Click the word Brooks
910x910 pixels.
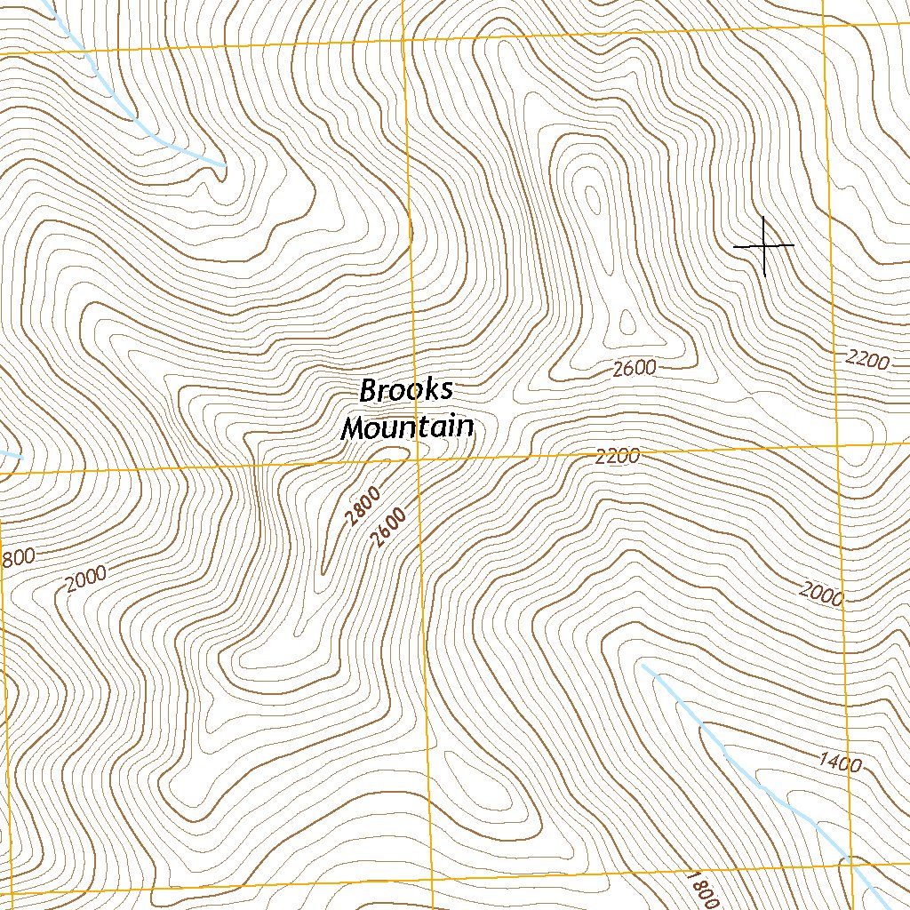[x=407, y=391]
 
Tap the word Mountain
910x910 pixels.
[x=407, y=427]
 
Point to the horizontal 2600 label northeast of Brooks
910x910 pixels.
[x=635, y=368]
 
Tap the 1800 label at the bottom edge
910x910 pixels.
[x=701, y=888]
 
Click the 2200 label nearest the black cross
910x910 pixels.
[x=867, y=360]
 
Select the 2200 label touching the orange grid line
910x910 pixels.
[x=618, y=457]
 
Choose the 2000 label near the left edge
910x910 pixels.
[x=85, y=579]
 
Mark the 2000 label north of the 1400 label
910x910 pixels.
[x=820, y=594]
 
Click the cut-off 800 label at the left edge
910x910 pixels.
[x=17, y=558]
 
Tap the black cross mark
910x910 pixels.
[x=764, y=245]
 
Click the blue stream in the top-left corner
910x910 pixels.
[x=133, y=116]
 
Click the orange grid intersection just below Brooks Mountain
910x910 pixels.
[x=416, y=460]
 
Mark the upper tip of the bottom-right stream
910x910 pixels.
[x=643, y=665]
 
